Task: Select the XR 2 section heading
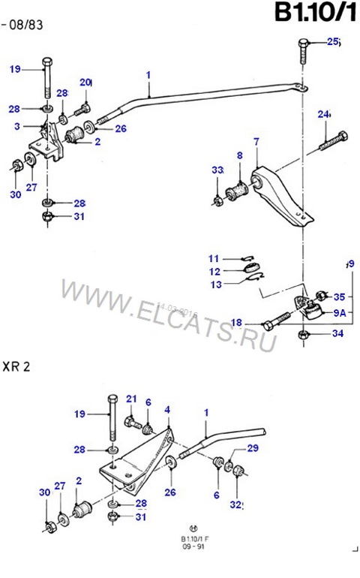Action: [x=18, y=367]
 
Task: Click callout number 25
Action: [x=333, y=44]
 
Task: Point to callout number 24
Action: [x=323, y=115]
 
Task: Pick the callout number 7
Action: [x=256, y=141]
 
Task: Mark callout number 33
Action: [x=217, y=171]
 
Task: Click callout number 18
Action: [x=236, y=323]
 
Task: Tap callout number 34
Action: [x=337, y=333]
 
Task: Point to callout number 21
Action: [x=131, y=399]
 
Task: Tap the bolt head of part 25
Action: [x=302, y=44]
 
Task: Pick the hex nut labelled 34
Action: [x=304, y=334]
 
